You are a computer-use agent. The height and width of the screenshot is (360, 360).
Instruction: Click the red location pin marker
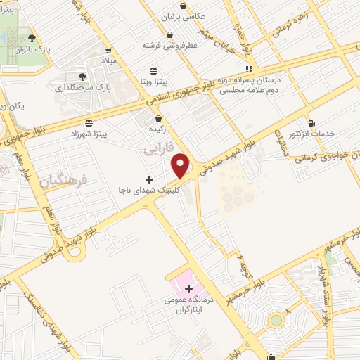(x=181, y=165)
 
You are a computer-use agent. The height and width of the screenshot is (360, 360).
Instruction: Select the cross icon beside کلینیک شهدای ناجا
(x=149, y=179)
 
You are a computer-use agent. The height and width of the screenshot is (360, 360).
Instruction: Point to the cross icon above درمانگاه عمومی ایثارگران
(x=188, y=288)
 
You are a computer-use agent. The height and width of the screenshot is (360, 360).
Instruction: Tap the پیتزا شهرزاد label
(x=88, y=132)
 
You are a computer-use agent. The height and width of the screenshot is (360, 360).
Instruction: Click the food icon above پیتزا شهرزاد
(x=88, y=122)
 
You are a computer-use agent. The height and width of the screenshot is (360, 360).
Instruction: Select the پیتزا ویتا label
(x=155, y=82)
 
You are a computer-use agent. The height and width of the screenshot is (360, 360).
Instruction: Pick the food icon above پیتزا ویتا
(x=154, y=71)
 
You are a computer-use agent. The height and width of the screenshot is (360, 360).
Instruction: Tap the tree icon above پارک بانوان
(x=30, y=39)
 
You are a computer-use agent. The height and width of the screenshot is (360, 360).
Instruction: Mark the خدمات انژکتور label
(x=312, y=134)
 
